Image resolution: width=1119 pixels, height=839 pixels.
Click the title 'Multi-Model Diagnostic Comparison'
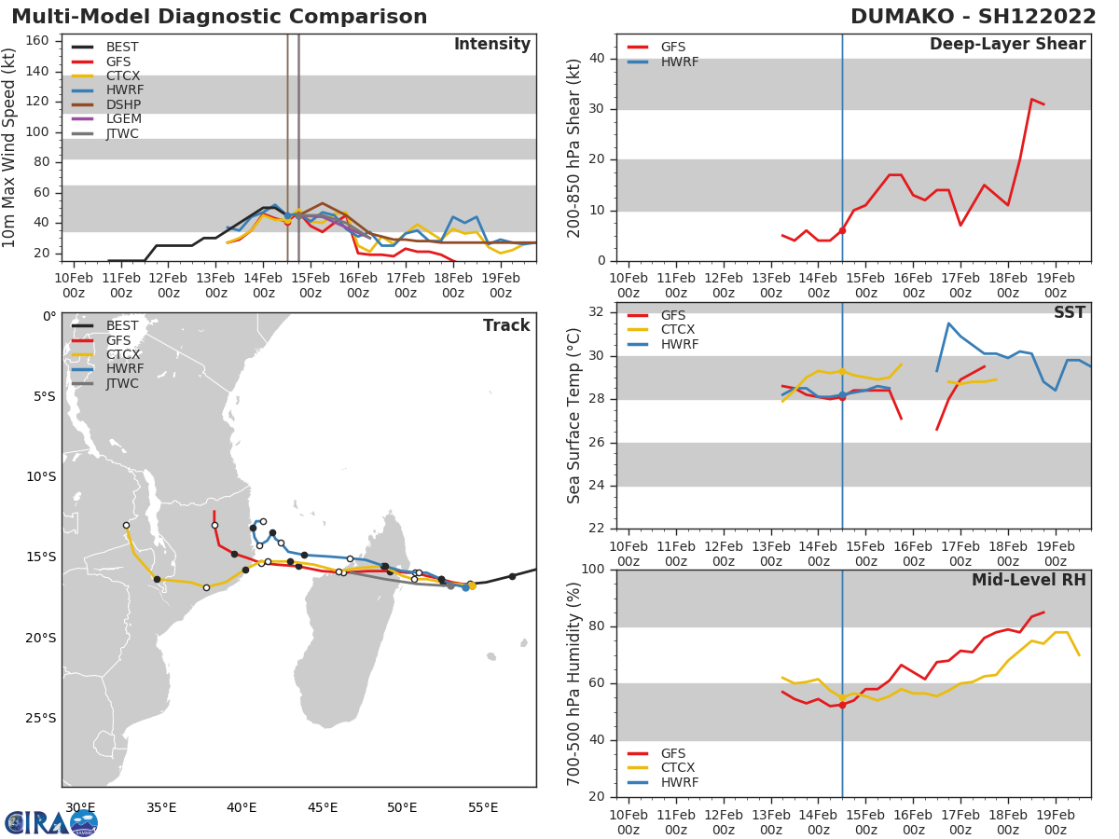click(x=219, y=17)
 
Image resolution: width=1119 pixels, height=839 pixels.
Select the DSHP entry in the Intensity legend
click(x=124, y=104)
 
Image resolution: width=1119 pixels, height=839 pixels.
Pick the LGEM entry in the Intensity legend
click(x=124, y=119)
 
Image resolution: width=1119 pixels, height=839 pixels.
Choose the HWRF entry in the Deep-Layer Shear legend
click(x=679, y=62)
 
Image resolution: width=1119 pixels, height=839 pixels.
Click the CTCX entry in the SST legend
click(x=680, y=330)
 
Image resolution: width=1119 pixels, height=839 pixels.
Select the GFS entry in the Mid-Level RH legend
click(x=679, y=752)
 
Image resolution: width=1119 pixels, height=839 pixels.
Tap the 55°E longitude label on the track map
click(x=483, y=807)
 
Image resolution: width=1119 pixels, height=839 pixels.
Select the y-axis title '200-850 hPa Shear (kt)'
click(x=574, y=147)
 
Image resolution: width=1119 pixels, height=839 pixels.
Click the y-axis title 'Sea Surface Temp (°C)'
click(x=574, y=415)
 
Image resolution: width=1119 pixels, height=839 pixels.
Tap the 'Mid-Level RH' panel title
click(x=1029, y=581)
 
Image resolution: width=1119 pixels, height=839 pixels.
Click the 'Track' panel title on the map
click(x=506, y=325)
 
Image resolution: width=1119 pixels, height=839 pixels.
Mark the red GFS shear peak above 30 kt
click(x=1031, y=99)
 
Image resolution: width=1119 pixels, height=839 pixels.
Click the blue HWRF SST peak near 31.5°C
click(x=948, y=323)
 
